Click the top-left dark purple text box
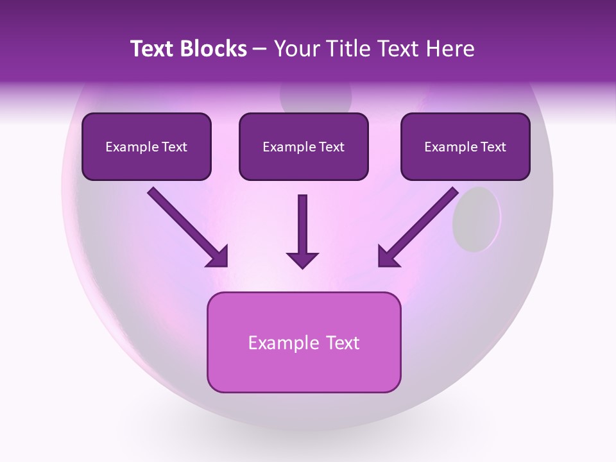[146, 146]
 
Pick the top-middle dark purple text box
[304, 146]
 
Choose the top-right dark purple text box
[465, 146]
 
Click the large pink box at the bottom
[304, 342]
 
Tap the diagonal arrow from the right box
[418, 227]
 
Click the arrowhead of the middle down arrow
[302, 259]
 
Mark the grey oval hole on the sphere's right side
[476, 219]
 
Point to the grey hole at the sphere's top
[316, 100]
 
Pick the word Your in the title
[297, 49]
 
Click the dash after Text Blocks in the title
[260, 49]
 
